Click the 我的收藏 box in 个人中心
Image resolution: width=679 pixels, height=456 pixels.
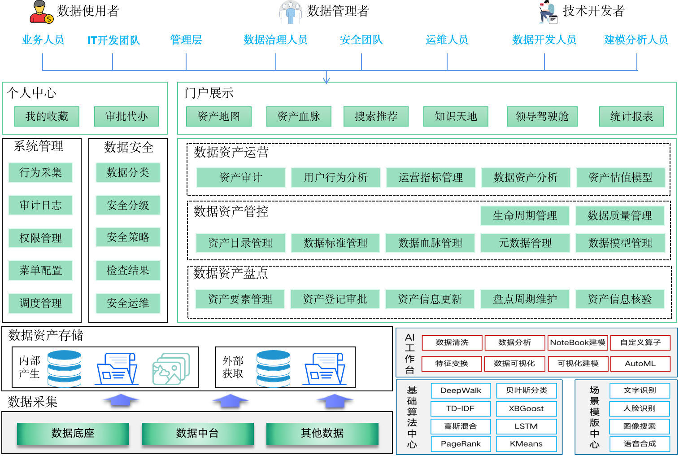coord(47,117)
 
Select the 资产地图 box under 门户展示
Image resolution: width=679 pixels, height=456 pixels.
coord(218,117)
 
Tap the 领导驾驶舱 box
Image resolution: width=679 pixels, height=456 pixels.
coord(542,117)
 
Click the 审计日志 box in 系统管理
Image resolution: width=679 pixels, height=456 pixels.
coord(41,206)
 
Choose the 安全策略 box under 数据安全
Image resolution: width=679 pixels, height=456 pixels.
coord(128,237)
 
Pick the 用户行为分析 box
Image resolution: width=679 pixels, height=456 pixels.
coord(335,177)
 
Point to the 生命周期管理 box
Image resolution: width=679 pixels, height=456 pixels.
coord(525,216)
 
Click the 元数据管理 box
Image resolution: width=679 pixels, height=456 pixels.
coord(525,243)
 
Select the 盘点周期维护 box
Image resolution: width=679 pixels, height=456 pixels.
coord(525,299)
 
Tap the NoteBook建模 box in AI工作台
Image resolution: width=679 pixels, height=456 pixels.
coord(578,342)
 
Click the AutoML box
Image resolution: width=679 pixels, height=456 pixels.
coord(640,364)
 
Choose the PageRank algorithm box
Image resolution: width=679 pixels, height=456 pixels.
coord(461,444)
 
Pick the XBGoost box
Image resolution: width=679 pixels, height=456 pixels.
coord(526,408)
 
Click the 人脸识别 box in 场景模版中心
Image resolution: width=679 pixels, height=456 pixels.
coord(640,408)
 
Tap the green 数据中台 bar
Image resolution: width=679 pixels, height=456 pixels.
coord(198,434)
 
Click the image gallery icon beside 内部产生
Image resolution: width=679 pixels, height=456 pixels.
coord(171,368)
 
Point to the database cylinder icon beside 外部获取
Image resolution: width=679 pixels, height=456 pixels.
coord(274,368)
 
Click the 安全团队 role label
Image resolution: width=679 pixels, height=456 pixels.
coord(361,40)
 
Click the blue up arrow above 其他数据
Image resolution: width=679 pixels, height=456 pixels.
coord(335,401)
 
